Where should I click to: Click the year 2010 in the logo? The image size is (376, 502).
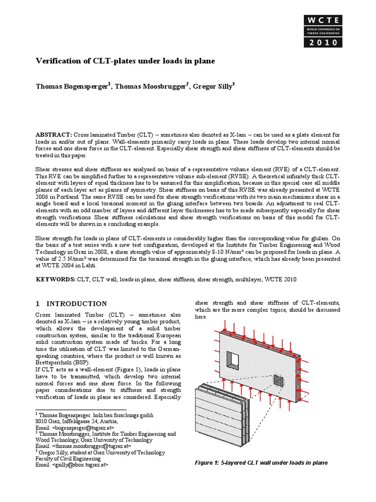click(321, 43)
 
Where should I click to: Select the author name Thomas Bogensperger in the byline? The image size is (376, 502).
click(72, 87)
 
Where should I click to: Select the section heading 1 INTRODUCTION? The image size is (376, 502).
click(71, 304)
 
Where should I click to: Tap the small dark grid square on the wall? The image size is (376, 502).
click(280, 380)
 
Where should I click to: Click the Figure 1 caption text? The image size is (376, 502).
click(260, 462)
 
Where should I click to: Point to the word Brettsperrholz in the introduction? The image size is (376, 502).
click(55, 362)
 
